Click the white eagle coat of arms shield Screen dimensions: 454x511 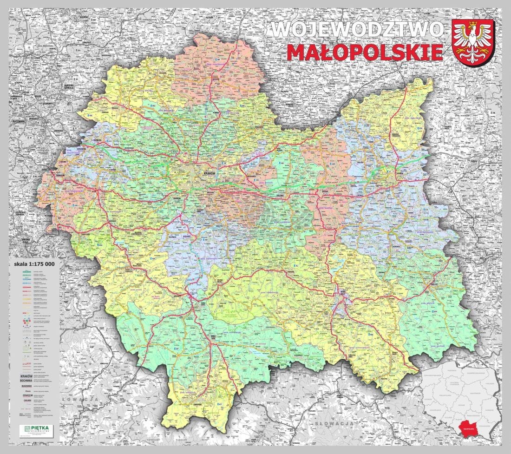coord(474,42)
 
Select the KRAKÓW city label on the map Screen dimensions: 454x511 coord(211,173)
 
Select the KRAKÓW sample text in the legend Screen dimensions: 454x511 coord(26,375)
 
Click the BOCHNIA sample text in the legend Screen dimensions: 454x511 coord(26,381)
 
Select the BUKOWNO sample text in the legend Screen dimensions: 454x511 coord(26,386)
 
